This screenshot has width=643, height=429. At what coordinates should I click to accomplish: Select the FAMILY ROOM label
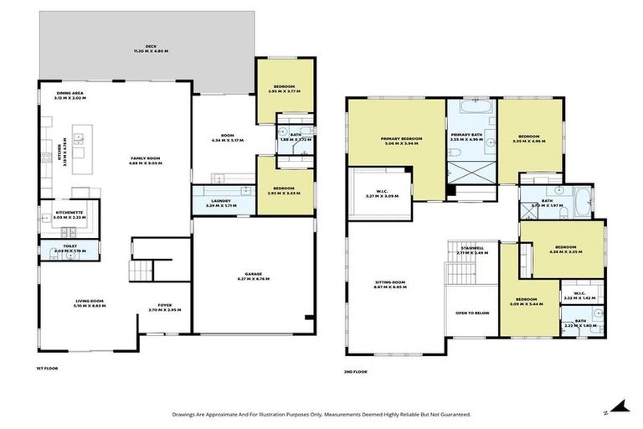[x=145, y=160]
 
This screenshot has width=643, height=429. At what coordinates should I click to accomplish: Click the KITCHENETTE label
[x=69, y=213]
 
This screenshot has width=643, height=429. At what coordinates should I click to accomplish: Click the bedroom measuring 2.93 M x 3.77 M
[x=285, y=86]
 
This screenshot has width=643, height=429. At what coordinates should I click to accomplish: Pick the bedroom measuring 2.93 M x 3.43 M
[x=285, y=189]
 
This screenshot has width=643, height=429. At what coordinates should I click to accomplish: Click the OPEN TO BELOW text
[x=472, y=313]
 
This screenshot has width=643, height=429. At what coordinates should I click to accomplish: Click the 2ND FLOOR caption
[x=356, y=371]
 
